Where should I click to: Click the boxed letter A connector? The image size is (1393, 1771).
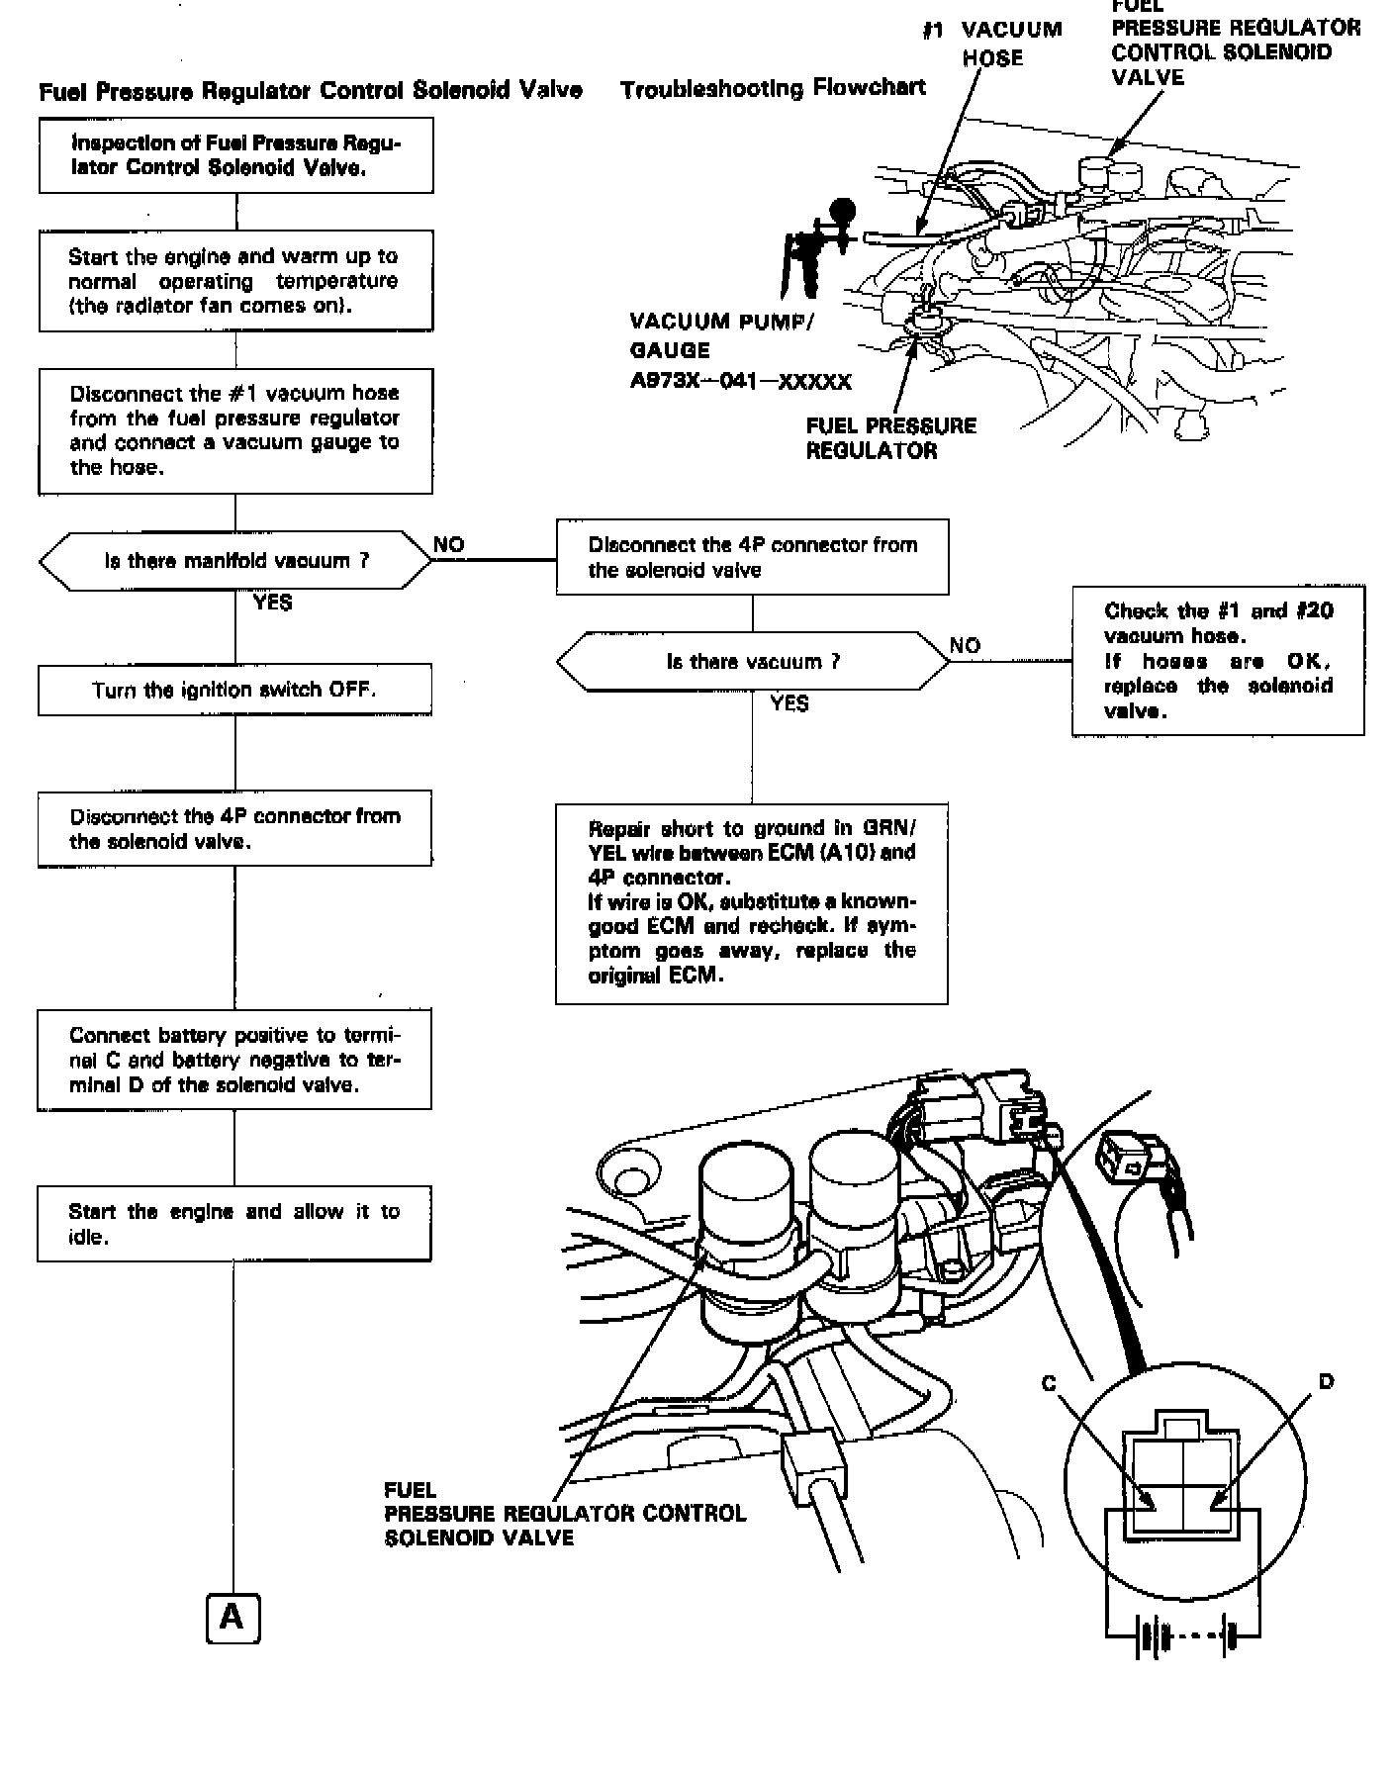tap(232, 1618)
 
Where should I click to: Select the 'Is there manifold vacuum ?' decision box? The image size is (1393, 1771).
tap(235, 561)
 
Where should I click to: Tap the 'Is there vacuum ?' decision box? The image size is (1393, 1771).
tap(752, 662)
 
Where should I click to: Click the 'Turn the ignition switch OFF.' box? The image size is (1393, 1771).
tap(234, 690)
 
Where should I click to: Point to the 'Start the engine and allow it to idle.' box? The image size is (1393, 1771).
tap(234, 1224)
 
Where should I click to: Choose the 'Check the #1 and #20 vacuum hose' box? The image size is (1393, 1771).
tap(1218, 660)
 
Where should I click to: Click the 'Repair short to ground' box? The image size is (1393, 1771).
tap(752, 901)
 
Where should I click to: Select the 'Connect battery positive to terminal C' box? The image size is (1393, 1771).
tap(234, 1060)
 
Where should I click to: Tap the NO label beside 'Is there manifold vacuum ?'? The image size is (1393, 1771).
tap(449, 545)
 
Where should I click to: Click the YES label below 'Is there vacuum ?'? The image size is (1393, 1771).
tap(789, 703)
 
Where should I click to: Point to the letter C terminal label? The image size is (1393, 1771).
tap(1050, 1383)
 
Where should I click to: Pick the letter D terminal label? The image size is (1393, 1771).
tap(1326, 1381)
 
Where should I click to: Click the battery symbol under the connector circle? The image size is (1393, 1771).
tap(1182, 1636)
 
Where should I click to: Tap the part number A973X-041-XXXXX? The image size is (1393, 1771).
tap(740, 381)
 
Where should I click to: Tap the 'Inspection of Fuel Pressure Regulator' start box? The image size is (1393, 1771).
tap(236, 155)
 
